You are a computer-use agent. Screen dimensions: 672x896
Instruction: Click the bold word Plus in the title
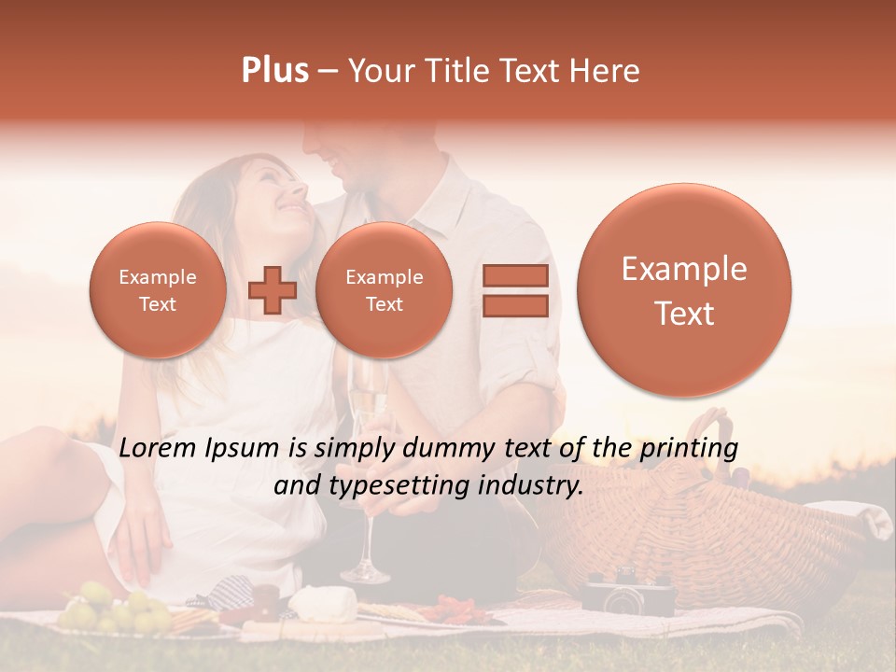[x=275, y=71]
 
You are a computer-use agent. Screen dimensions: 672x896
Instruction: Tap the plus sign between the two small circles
[x=273, y=289]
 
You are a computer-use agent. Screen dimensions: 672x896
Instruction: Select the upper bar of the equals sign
[x=515, y=275]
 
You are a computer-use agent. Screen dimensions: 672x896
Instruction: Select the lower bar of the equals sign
[x=515, y=305]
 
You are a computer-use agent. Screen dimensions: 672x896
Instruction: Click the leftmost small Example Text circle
[x=158, y=290]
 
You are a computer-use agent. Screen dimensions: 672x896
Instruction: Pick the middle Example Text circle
[x=384, y=290]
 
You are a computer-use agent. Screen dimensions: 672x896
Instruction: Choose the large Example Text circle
[x=684, y=290]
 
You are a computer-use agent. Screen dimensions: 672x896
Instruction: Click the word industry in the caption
[x=534, y=485]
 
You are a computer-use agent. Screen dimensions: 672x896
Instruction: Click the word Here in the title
[x=608, y=71]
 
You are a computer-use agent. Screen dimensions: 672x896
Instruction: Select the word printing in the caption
[x=689, y=448]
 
